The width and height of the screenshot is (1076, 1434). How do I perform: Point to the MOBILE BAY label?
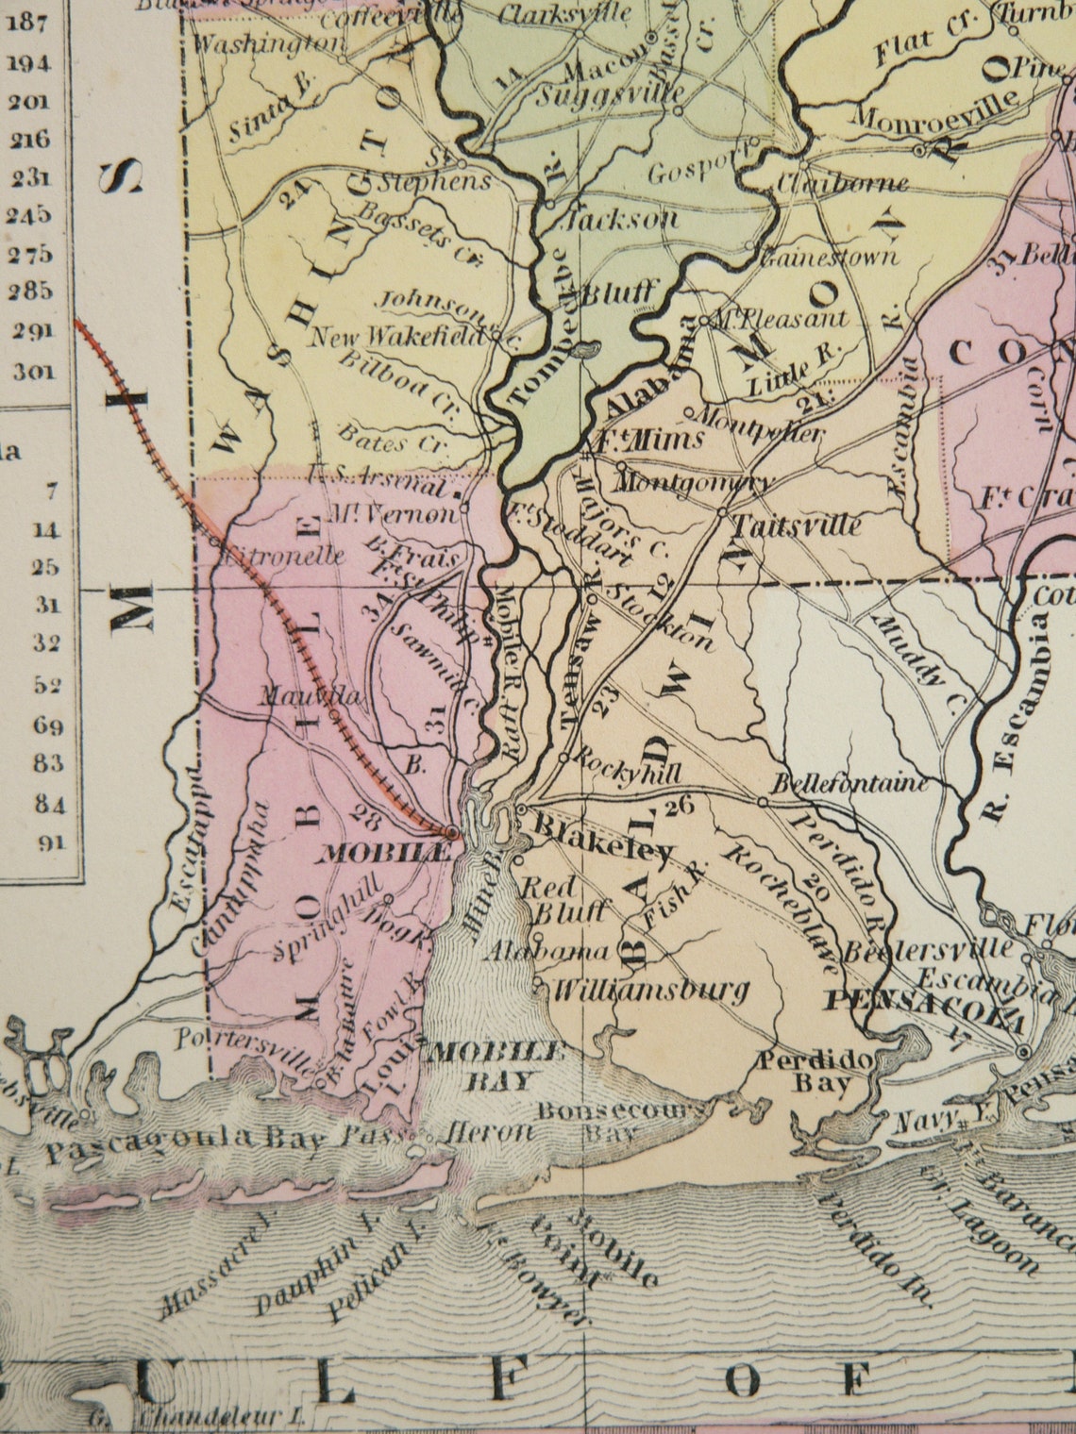[496, 1065]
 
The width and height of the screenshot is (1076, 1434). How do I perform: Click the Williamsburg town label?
[651, 991]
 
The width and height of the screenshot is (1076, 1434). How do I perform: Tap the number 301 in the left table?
[33, 372]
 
